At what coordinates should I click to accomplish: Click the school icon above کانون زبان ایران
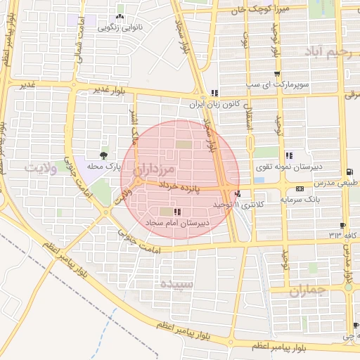[214, 93]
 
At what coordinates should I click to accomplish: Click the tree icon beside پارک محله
[104, 155]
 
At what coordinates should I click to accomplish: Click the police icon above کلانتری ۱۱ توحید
[238, 194]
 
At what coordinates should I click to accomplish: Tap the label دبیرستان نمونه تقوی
[290, 166]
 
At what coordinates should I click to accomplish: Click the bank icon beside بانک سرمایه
[300, 188]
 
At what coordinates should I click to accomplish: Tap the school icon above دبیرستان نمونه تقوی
[289, 155]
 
